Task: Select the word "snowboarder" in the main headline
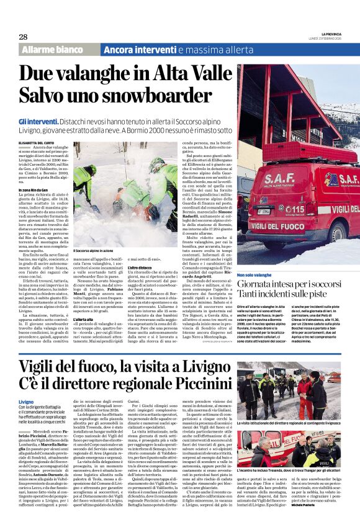(x=137, y=96)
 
